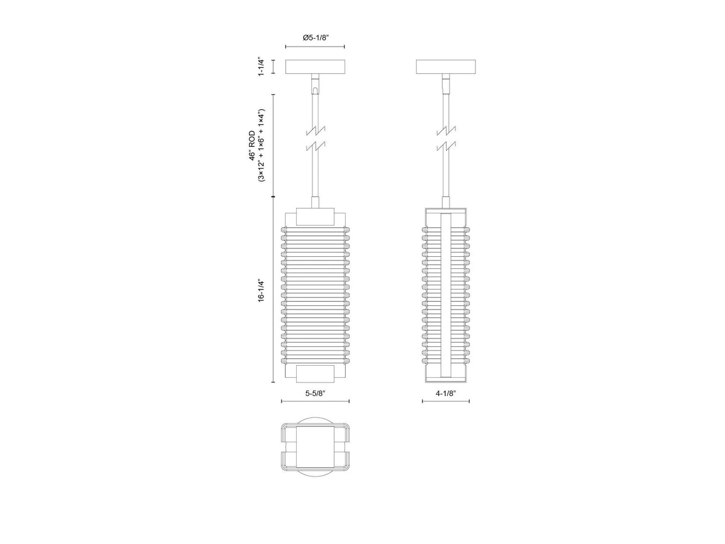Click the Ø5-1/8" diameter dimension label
point(315,37)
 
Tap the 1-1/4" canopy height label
point(261,67)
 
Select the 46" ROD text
point(252,146)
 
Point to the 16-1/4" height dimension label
point(261,290)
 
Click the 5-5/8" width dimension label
point(315,393)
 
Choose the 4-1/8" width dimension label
point(445,393)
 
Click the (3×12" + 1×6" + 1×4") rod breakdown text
point(262,146)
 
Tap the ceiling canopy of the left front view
point(315,66)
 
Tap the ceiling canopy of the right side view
point(445,66)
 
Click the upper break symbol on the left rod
point(316,131)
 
